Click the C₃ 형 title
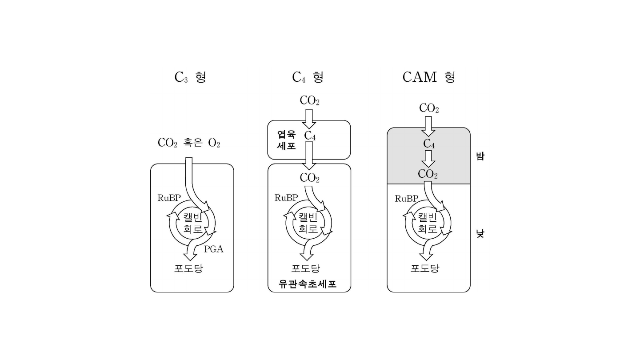(x=190, y=77)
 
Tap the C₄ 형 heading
(x=308, y=77)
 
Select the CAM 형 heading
(x=428, y=77)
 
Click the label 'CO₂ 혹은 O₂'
(x=189, y=143)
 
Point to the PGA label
(x=213, y=249)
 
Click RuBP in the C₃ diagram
(x=168, y=198)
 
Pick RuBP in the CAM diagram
(x=406, y=199)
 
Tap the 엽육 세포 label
(x=286, y=140)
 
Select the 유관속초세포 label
(x=308, y=284)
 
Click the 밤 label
(x=480, y=156)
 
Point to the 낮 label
(x=480, y=233)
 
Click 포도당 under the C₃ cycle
(x=188, y=268)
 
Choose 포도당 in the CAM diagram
(x=425, y=268)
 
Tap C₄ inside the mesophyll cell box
(x=310, y=136)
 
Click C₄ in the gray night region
(x=428, y=144)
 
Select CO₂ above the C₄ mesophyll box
(x=310, y=101)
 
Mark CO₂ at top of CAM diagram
(x=429, y=108)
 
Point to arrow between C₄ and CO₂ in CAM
(x=428, y=158)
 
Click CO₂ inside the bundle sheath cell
(x=310, y=178)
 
